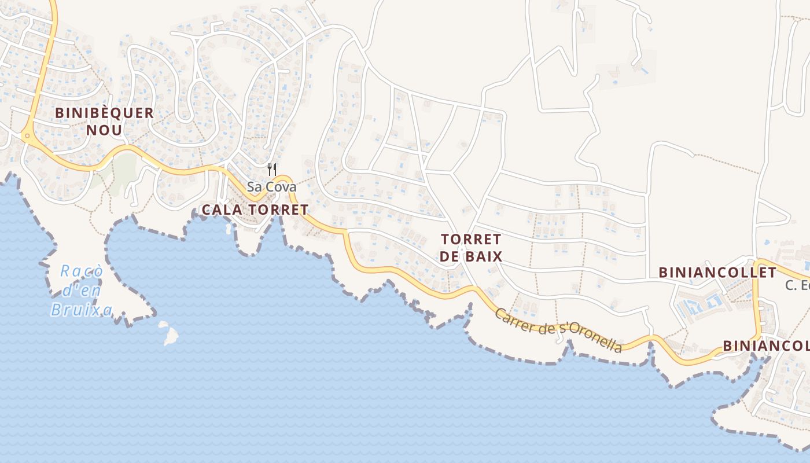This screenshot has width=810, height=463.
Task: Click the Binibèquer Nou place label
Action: [x=105, y=121]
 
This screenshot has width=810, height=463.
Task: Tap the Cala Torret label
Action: [x=255, y=210]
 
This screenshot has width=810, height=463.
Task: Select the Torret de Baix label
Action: [x=470, y=248]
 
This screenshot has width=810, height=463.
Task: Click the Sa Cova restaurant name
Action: [x=271, y=187]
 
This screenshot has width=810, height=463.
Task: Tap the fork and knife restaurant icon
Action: [x=271, y=170]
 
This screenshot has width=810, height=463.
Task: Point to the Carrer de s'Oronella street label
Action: [x=558, y=330]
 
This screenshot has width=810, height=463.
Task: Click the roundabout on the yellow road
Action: [x=27, y=137]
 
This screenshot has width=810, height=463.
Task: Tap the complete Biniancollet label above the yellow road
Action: [x=717, y=273]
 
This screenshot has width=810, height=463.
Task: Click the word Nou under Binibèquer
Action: [x=105, y=130]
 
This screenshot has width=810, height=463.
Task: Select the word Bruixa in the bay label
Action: [x=81, y=310]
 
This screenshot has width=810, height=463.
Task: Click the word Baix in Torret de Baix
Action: [x=486, y=256]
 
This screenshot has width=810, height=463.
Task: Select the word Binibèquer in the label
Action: [x=105, y=113]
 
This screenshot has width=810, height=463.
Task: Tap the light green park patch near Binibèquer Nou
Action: [x=123, y=168]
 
